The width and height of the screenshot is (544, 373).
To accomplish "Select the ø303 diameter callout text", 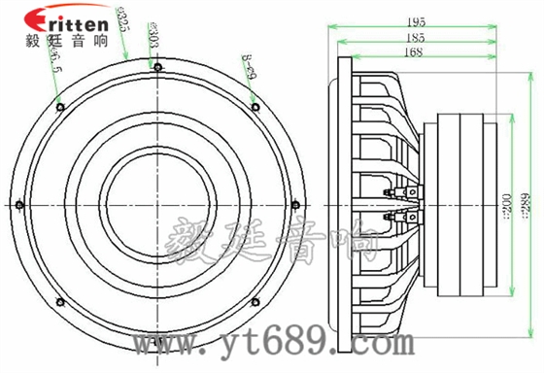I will (153, 36).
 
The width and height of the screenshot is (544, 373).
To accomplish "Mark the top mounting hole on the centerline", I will (157, 65).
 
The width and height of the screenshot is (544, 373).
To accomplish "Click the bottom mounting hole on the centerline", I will (157, 343).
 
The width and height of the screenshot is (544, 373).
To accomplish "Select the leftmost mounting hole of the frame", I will (18, 204).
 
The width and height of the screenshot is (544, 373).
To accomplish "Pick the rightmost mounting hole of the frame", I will (296, 204).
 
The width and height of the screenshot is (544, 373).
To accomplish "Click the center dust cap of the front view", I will (157, 204).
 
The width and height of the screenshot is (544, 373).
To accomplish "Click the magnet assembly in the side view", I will (464, 204).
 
